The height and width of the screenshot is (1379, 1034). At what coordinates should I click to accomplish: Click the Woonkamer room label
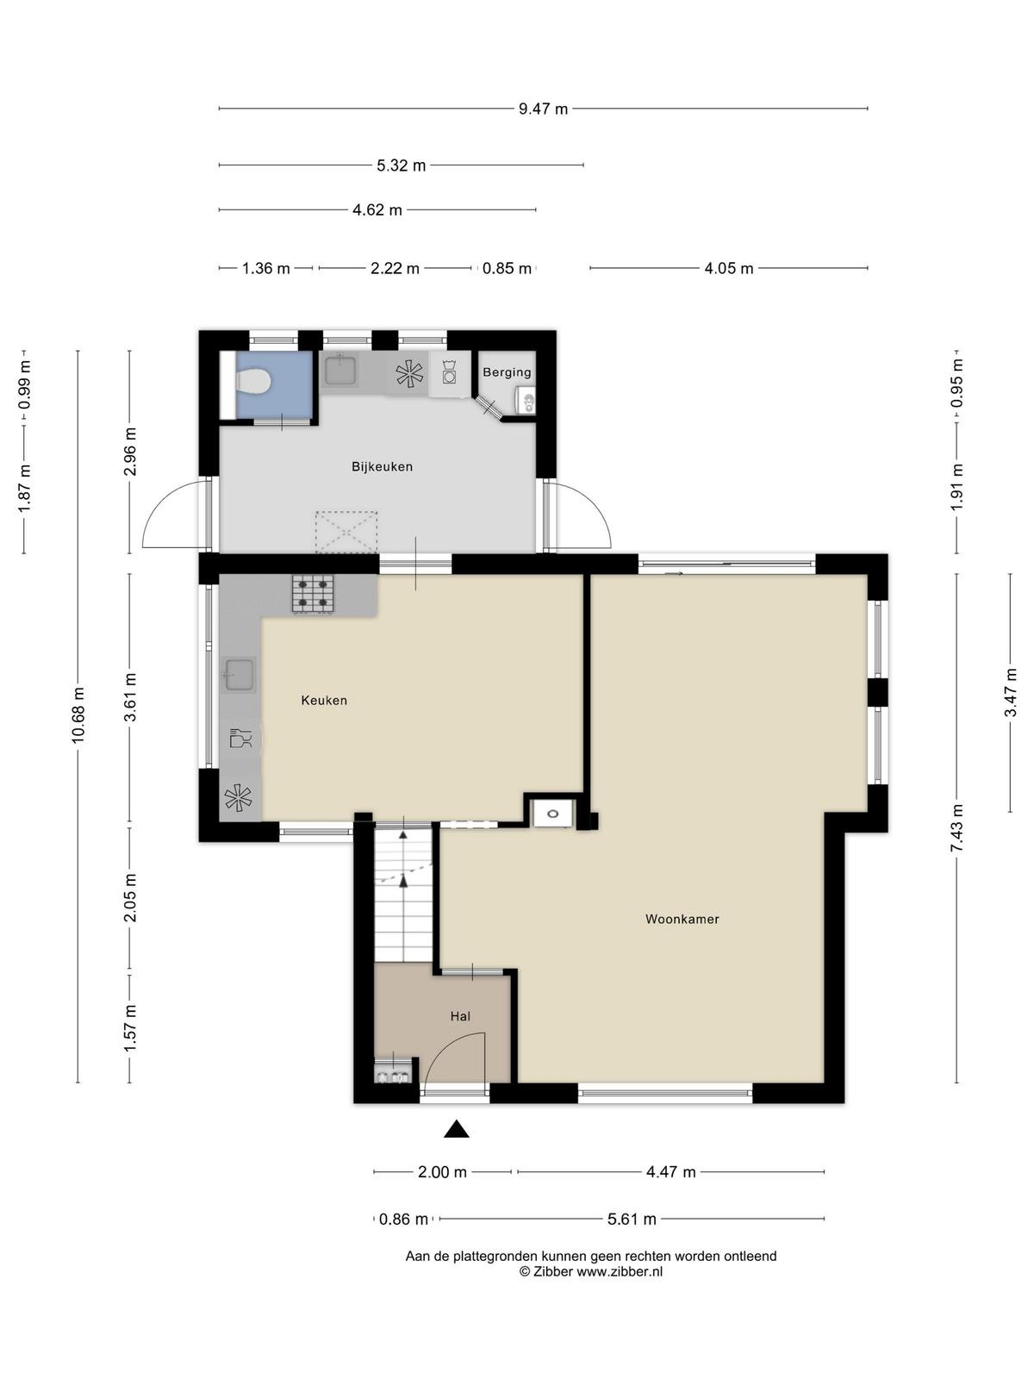pos(682,919)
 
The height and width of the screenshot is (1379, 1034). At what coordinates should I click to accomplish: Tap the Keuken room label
pos(324,701)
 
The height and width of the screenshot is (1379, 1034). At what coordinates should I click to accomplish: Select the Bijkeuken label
pos(382,467)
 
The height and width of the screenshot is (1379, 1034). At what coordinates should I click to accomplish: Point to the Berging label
pos(507,372)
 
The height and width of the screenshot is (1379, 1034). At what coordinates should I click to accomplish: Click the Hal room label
pos(460,1016)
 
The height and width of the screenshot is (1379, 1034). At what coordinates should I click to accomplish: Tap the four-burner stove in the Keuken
pos(312,595)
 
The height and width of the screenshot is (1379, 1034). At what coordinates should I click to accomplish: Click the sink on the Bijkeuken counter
pos(341,370)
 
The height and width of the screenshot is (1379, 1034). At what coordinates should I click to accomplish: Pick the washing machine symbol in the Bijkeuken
pos(450,372)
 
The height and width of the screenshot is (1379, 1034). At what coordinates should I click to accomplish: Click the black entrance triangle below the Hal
pos(457,1129)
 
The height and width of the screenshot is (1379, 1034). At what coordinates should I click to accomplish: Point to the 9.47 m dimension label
pos(543,109)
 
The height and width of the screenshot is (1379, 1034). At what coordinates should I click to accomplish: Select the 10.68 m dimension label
pos(78,716)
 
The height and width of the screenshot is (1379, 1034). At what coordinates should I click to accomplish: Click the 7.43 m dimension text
pos(956,828)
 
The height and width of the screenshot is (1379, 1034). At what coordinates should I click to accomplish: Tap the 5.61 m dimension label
pos(632,1220)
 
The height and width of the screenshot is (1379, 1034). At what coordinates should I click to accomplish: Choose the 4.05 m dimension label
pos(728,269)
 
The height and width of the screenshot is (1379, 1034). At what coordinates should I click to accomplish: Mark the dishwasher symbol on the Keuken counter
pos(240,738)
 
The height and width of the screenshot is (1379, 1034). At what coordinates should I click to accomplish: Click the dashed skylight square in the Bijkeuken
pos(346,532)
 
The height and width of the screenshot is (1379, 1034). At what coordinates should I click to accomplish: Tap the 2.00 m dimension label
pos(443,1172)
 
